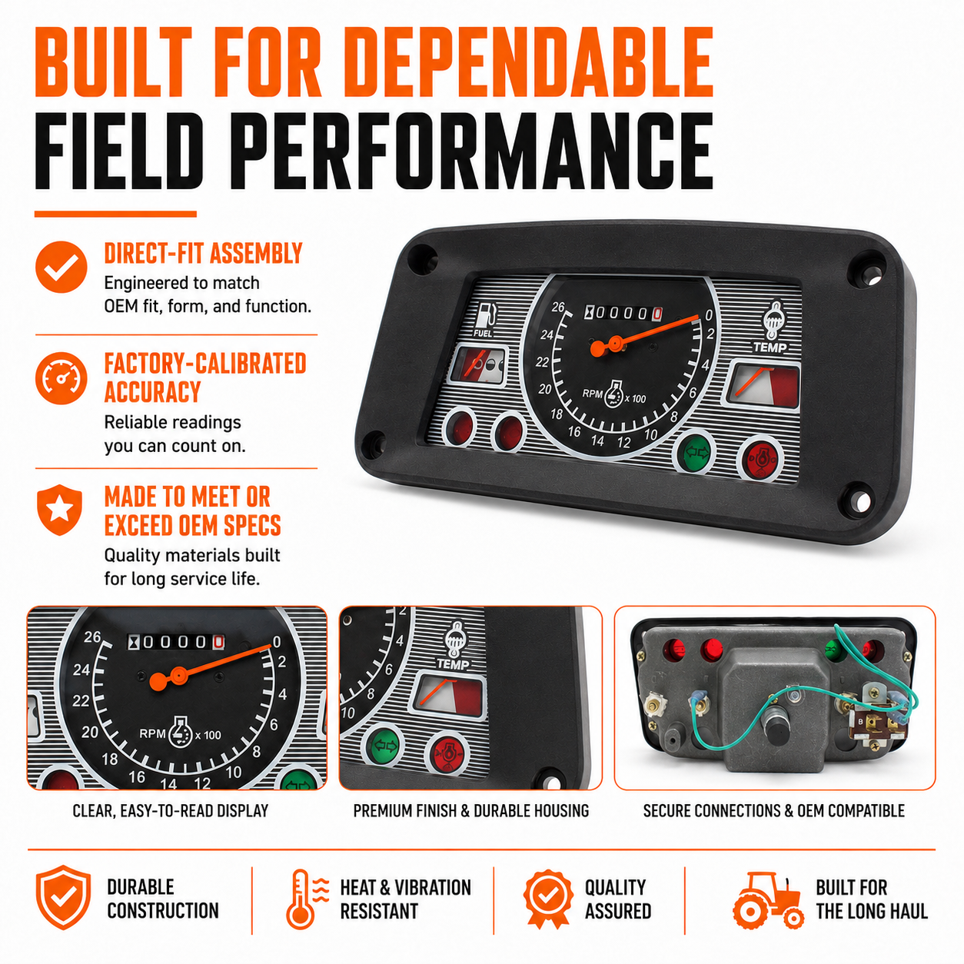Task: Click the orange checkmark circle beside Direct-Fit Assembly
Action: click(x=61, y=268)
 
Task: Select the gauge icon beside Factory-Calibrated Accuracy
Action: click(x=61, y=378)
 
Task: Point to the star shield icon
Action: click(x=59, y=510)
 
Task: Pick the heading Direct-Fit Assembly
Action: click(x=203, y=254)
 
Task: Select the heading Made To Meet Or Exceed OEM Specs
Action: click(x=193, y=511)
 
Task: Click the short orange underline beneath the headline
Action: click(x=115, y=214)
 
